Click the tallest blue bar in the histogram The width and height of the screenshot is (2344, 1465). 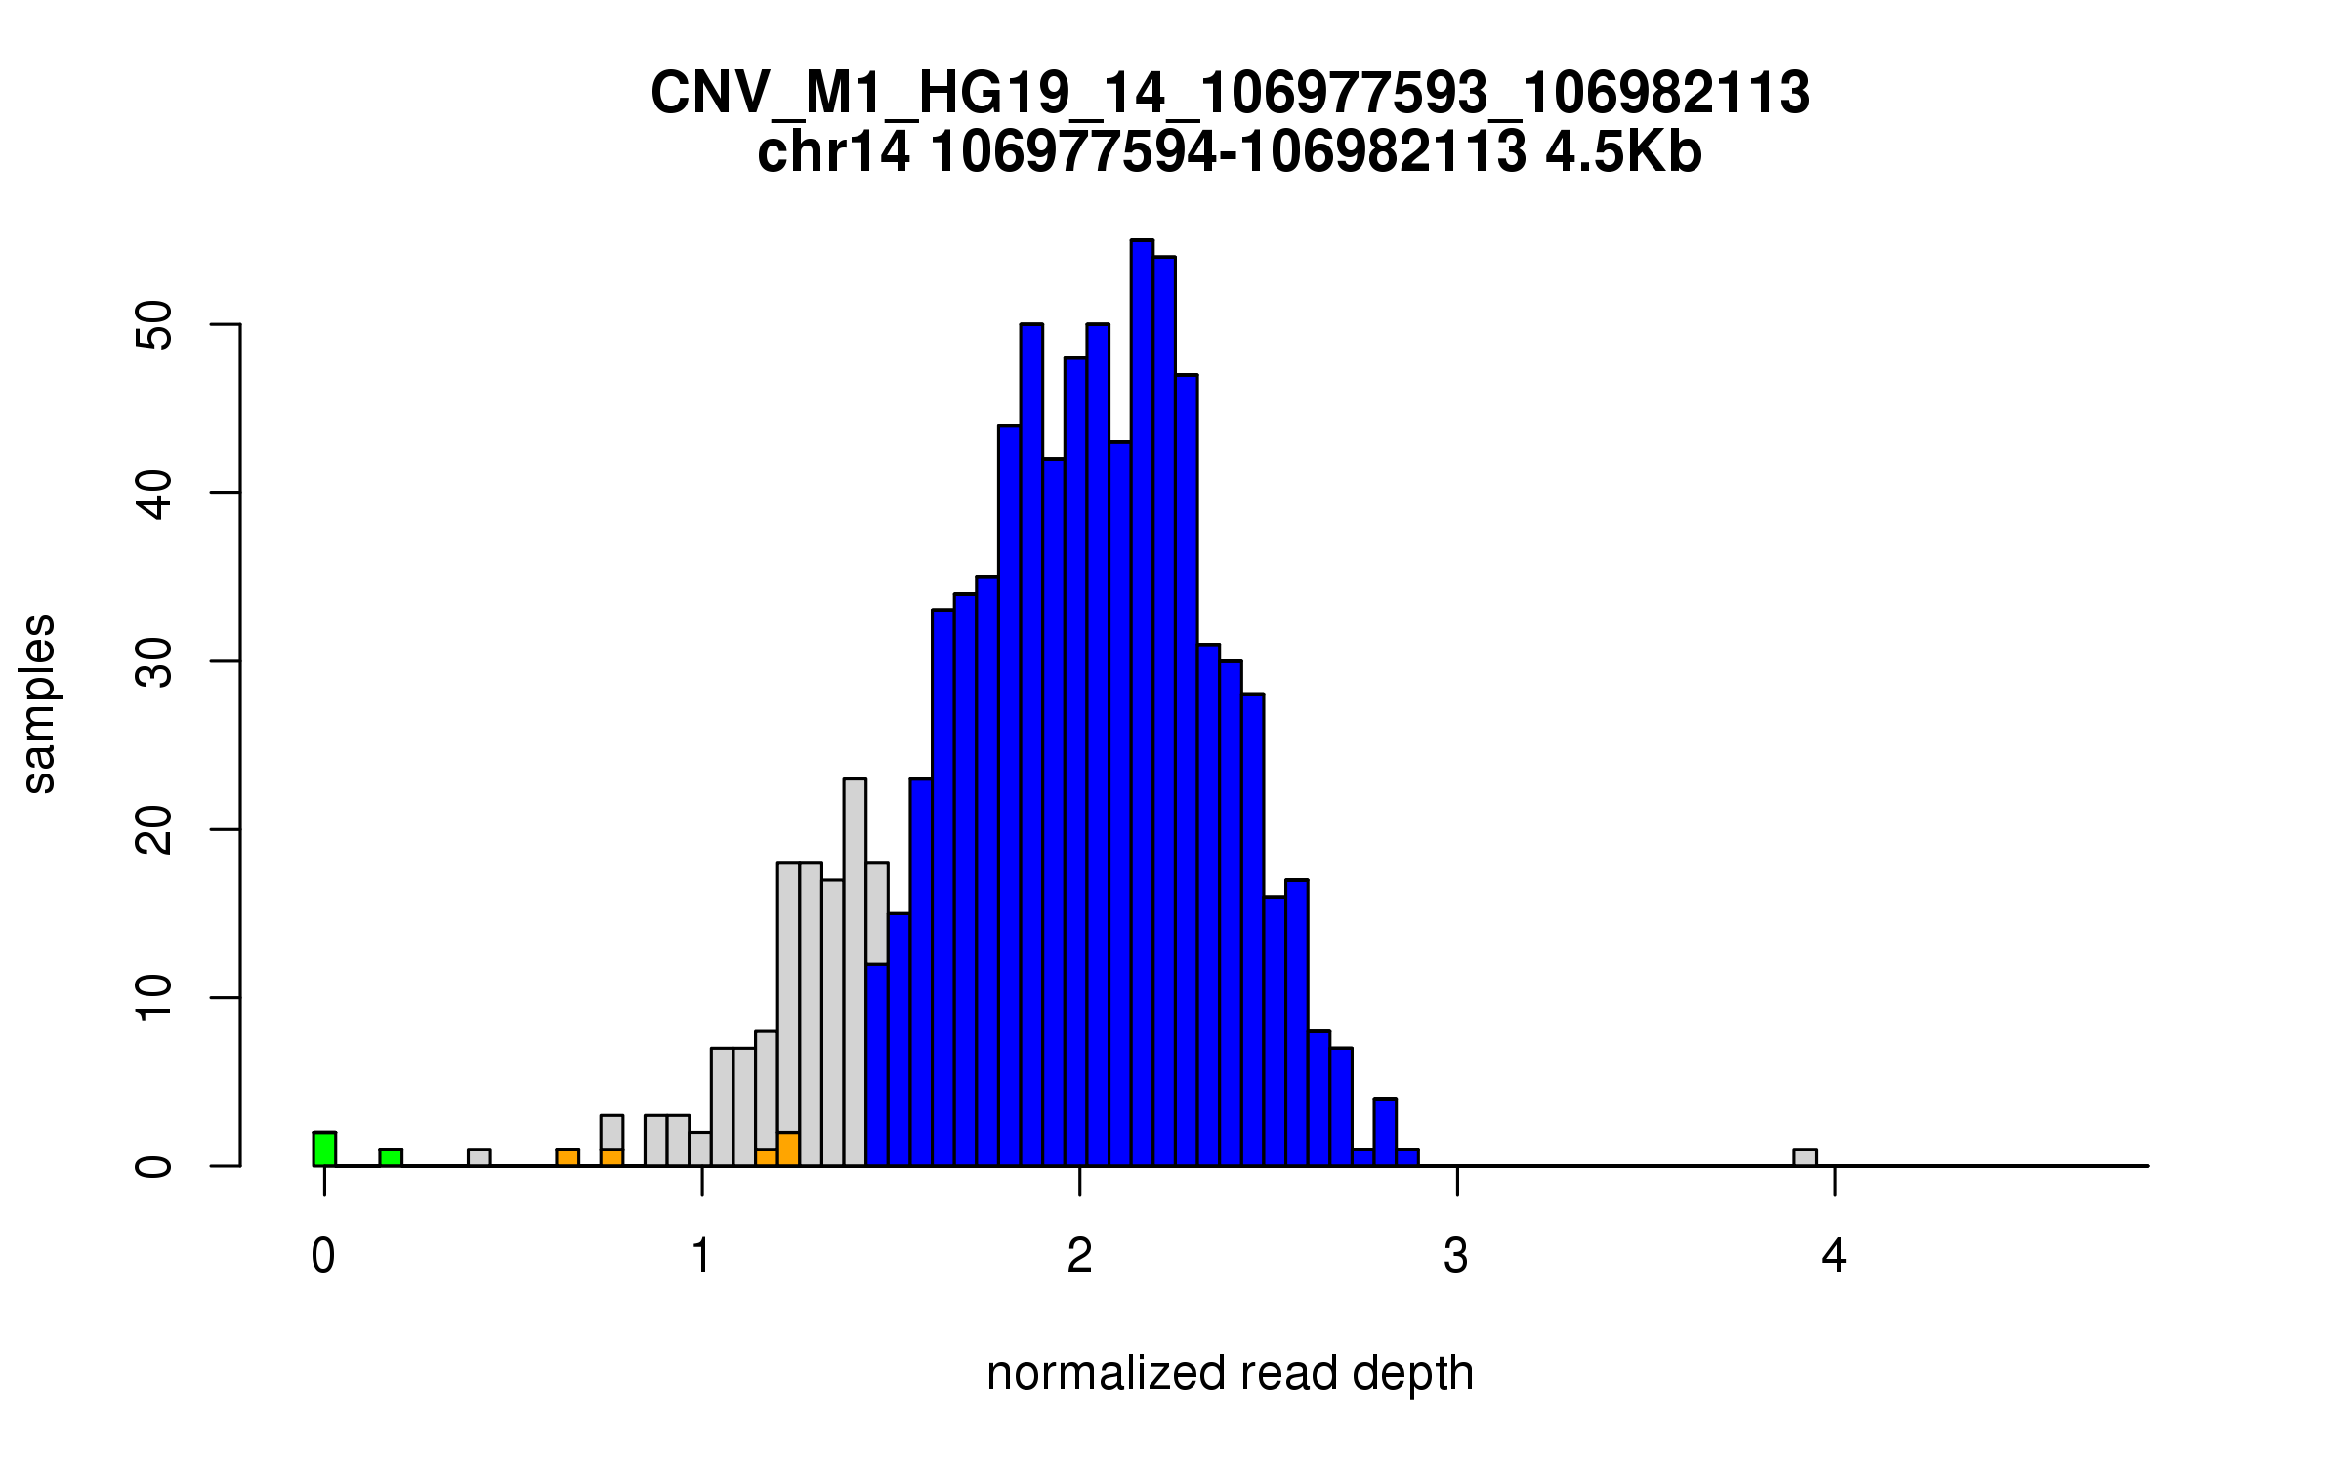coord(1142,703)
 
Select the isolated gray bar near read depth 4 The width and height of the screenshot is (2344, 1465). coord(1805,1157)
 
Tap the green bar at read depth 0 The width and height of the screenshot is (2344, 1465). coord(324,1150)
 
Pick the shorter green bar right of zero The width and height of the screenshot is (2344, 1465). coord(391,1157)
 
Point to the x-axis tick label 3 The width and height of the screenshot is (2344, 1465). coord(1456,1257)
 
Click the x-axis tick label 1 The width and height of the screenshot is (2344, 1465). coord(701,1257)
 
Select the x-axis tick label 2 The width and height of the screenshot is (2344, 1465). coord(1079,1257)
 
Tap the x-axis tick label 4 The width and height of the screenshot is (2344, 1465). coord(1834,1257)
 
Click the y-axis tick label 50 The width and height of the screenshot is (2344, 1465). coord(154,324)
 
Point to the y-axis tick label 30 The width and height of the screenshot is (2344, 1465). coord(154,662)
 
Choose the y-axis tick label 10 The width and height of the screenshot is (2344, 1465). coord(154,998)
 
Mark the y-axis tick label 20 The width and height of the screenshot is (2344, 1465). coord(154,830)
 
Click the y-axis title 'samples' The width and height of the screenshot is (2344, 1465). coord(39,703)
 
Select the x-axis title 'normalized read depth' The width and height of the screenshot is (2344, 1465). coord(1230,1373)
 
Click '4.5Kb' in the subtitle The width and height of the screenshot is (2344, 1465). coord(1623,152)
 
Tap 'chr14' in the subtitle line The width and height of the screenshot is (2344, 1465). coord(833,152)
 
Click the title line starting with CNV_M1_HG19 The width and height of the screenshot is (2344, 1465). coord(1230,94)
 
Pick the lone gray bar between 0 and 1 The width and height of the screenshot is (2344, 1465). coord(479,1157)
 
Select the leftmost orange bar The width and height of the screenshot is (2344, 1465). coord(567,1157)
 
